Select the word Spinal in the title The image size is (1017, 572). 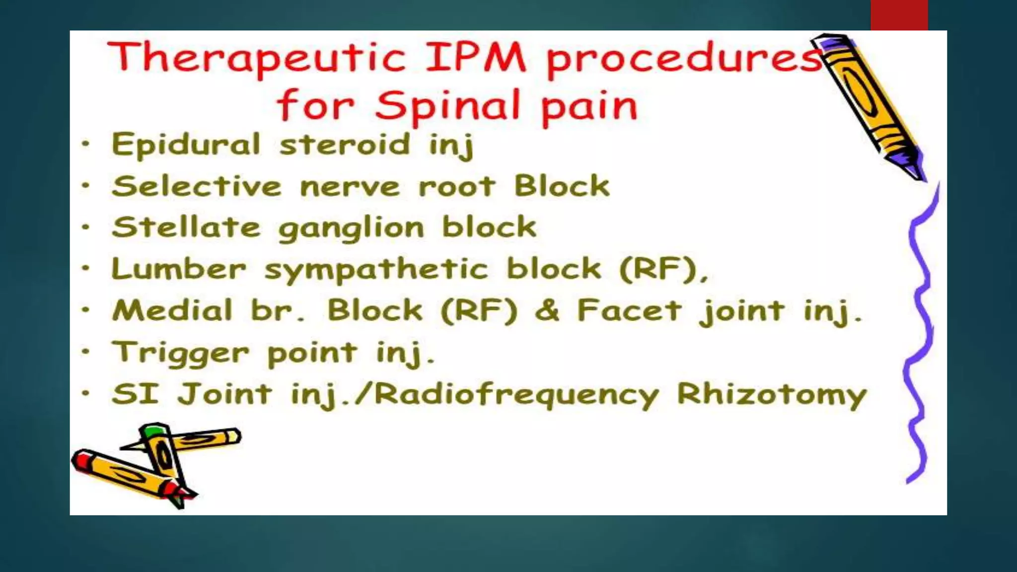tap(447, 106)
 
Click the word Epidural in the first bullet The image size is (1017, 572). tap(186, 144)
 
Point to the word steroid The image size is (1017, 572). tap(345, 144)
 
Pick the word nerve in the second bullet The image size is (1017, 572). tap(350, 187)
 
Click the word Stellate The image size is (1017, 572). tap(186, 227)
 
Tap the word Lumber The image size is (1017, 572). tap(179, 269)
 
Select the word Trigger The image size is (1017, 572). tap(181, 354)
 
